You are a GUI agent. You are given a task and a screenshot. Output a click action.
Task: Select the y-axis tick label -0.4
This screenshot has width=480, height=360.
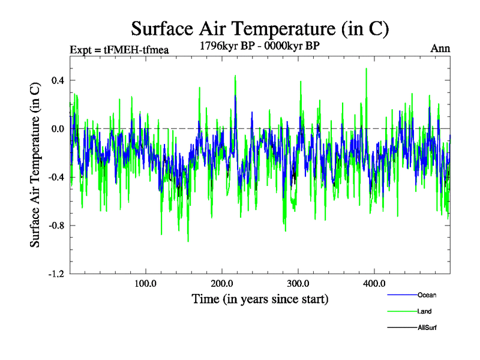56,177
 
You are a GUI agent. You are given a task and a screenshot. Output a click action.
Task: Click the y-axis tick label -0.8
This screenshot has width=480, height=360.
56,226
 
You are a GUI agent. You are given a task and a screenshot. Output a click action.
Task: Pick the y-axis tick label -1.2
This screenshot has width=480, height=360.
56,274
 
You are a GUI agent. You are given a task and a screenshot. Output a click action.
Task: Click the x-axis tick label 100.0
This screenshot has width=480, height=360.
146,283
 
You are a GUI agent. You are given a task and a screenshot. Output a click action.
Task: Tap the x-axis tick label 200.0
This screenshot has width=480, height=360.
222,283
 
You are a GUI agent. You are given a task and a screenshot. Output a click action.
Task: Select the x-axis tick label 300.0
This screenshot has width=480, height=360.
298,283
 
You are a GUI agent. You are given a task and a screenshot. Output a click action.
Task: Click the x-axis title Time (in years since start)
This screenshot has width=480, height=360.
260,298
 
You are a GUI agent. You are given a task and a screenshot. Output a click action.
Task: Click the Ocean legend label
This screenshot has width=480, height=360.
427,295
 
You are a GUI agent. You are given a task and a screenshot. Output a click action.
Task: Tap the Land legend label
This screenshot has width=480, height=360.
424,311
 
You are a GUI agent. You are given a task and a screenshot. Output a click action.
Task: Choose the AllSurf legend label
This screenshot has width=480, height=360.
427,328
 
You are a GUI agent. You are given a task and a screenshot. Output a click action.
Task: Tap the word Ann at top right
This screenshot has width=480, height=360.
440,49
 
